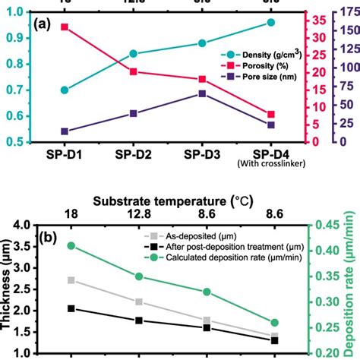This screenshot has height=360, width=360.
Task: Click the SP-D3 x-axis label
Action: tap(202, 154)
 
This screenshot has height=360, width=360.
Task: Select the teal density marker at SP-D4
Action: tap(271, 23)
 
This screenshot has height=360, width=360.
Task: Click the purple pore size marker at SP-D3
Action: tap(202, 93)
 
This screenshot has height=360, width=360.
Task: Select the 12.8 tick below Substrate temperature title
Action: tap(139, 218)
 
